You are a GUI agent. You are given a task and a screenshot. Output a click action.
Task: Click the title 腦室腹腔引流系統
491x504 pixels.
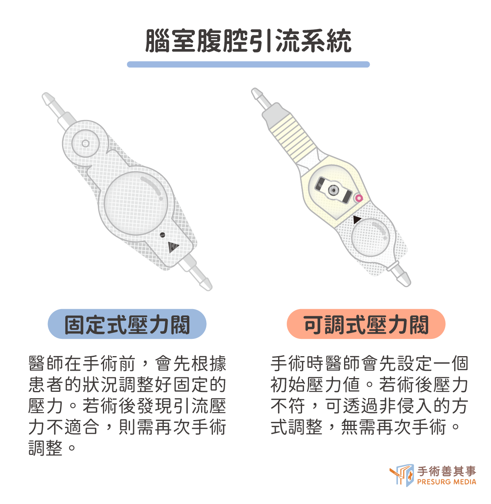(248, 41)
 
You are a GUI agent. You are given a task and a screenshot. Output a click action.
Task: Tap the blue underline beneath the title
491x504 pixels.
(248, 64)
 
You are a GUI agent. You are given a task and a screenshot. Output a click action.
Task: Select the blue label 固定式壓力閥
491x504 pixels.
(127, 324)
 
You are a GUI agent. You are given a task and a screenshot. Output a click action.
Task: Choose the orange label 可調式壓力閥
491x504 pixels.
(366, 324)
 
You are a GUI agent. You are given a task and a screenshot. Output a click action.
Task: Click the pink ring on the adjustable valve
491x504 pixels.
(359, 198)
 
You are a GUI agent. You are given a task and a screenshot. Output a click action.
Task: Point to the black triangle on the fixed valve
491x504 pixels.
(173, 247)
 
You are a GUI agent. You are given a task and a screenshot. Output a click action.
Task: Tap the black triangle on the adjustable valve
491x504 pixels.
(357, 220)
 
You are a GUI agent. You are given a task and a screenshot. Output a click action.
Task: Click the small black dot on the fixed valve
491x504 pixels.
(162, 235)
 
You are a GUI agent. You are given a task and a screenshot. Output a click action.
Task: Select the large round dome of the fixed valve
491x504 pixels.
(136, 203)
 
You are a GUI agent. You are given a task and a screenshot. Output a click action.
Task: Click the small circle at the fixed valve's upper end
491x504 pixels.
(85, 143)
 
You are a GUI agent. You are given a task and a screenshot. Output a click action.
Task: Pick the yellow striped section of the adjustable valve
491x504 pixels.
(293, 137)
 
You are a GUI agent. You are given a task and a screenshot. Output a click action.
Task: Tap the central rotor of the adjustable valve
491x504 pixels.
(333, 190)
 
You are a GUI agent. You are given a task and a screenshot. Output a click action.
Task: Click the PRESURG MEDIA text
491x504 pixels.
(447, 482)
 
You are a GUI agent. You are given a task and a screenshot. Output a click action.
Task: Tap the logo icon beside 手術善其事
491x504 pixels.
(401, 475)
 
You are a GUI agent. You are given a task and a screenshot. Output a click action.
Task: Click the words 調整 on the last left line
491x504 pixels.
(46, 448)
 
